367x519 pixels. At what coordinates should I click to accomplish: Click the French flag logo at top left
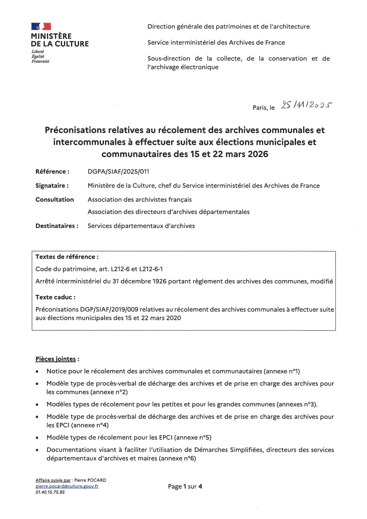[x=41, y=26]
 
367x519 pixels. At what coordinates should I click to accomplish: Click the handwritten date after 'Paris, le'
[x=306, y=105]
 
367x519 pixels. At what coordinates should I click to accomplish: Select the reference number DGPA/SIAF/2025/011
[x=118, y=171]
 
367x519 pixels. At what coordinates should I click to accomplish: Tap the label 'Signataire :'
[x=52, y=186]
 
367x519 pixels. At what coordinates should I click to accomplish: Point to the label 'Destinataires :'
[x=57, y=226]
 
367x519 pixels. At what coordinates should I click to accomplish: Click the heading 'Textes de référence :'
[x=67, y=257]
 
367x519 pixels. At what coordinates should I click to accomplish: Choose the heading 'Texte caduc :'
[x=55, y=297]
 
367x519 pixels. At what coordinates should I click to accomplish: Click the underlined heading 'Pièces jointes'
[x=56, y=359]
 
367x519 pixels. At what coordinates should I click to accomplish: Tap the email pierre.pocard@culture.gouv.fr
[x=67, y=486]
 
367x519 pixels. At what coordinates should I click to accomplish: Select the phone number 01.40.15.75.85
[x=50, y=492]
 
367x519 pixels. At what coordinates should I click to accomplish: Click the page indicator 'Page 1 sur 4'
[x=185, y=486]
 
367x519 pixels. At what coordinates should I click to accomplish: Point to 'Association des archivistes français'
[x=139, y=200]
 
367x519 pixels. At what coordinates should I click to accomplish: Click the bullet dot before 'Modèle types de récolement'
[x=37, y=438]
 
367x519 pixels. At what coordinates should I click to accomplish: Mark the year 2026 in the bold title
[x=258, y=154]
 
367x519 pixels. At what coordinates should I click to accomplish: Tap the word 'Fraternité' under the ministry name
[x=40, y=61]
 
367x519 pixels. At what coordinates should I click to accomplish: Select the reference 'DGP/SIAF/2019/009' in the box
[x=109, y=309]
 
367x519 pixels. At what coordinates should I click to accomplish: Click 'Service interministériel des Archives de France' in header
[x=216, y=42]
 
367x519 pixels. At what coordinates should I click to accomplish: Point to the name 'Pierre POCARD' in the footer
[x=90, y=480]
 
